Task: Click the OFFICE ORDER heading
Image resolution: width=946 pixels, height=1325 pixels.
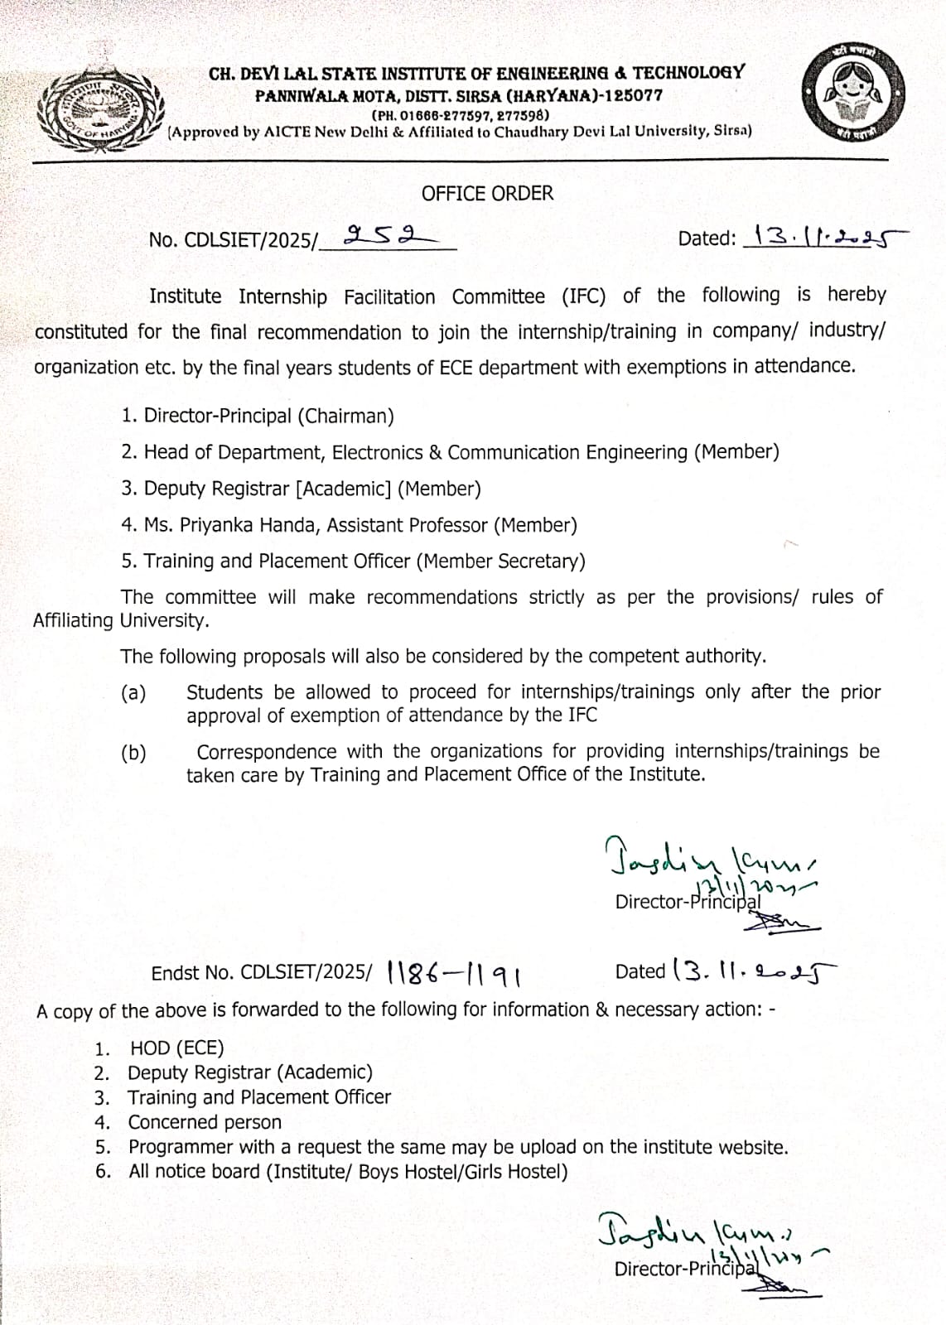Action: coord(487,194)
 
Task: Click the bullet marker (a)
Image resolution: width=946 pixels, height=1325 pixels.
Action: coord(133,693)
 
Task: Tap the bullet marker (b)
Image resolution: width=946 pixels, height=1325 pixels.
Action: coord(133,753)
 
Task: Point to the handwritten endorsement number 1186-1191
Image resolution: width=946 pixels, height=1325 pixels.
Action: coord(453,974)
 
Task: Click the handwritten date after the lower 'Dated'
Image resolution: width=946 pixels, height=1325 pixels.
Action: coord(755,970)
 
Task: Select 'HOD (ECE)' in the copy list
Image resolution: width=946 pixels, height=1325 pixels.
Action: coord(176,1048)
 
